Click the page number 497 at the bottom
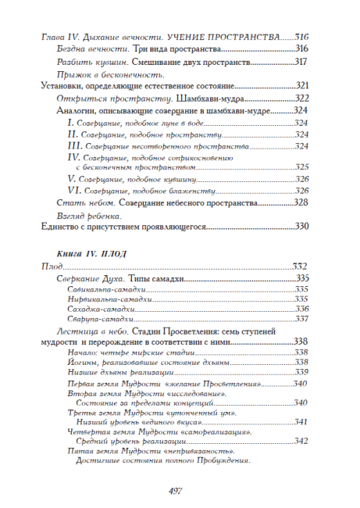coord(180,488)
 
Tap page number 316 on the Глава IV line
coord(301,37)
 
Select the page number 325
coord(301,166)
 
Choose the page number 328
coord(301,202)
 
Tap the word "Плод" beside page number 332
coord(52,267)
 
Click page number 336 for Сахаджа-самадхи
coord(301,309)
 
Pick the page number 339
coord(301,372)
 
